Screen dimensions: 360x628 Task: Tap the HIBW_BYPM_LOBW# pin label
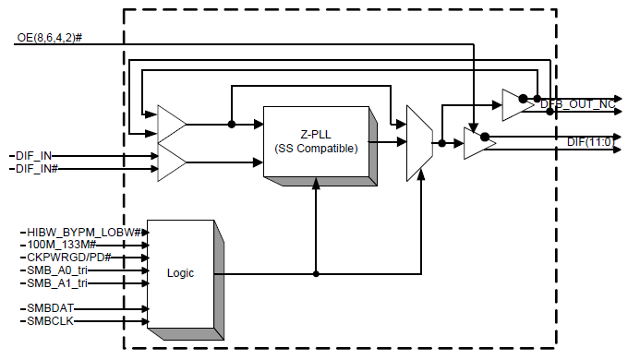coord(83,231)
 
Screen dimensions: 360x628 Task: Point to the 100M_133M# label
coord(61,244)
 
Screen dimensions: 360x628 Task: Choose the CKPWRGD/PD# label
coord(68,257)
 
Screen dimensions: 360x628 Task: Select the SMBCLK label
coord(49,320)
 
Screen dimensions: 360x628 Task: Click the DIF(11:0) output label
coord(590,140)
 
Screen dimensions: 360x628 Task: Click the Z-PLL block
coord(315,140)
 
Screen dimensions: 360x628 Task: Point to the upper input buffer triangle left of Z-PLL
coord(172,124)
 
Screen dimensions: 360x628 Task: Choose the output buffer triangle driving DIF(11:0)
coord(476,144)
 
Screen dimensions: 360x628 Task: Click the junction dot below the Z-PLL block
coord(316,274)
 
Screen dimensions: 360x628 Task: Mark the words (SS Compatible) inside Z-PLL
coord(316,149)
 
